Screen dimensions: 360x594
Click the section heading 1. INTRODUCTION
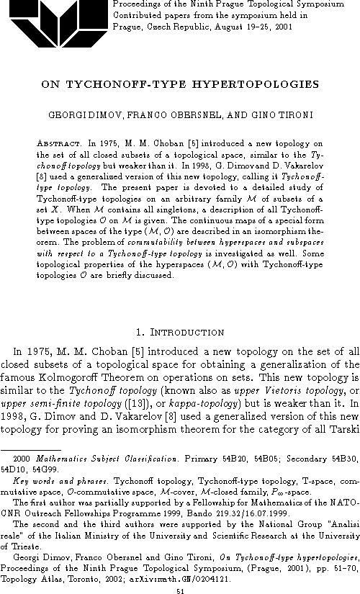click(180, 333)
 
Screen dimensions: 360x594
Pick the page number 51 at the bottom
click(180, 588)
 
